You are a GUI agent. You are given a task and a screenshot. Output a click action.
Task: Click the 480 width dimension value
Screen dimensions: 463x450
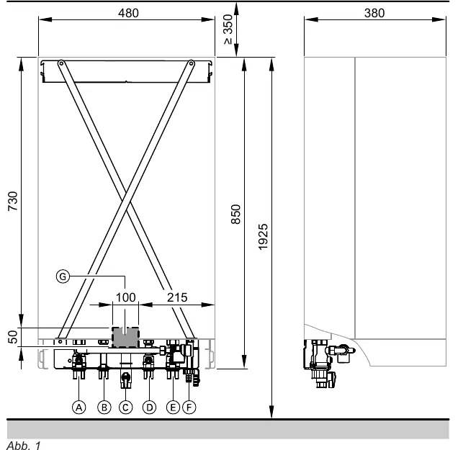click(128, 13)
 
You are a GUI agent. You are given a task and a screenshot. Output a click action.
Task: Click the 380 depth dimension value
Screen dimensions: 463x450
click(374, 13)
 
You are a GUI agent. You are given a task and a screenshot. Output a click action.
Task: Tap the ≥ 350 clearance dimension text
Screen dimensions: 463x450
click(228, 30)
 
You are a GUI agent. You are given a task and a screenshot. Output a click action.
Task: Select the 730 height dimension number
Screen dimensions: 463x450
click(13, 201)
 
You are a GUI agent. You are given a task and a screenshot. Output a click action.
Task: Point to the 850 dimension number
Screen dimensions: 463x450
click(236, 214)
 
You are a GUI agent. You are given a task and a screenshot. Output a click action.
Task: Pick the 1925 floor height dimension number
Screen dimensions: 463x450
click(263, 237)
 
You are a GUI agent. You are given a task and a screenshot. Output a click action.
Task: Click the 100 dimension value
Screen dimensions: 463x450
click(125, 297)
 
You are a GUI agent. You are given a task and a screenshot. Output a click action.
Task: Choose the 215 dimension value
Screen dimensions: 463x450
click(177, 297)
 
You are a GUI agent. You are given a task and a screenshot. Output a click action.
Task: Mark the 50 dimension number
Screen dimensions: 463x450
click(13, 337)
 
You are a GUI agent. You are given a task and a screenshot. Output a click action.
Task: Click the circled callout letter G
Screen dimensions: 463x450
click(63, 276)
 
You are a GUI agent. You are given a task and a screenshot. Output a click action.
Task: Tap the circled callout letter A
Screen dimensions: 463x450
click(78, 408)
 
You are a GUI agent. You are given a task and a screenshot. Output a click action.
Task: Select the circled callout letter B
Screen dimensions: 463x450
click(104, 408)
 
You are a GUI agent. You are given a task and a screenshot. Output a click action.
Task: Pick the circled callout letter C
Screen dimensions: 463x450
click(125, 408)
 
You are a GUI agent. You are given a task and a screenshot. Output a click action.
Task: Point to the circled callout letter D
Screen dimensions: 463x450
click(149, 408)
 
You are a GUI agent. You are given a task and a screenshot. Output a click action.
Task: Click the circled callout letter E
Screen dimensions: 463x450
click(173, 408)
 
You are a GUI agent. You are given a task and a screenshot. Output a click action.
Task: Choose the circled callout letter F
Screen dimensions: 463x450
click(189, 408)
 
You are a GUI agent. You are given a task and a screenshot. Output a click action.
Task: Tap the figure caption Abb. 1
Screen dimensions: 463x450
click(23, 445)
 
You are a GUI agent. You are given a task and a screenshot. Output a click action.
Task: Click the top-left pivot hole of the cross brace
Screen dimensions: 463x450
click(61, 63)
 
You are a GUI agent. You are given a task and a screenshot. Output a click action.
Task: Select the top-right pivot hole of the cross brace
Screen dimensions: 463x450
click(191, 63)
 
